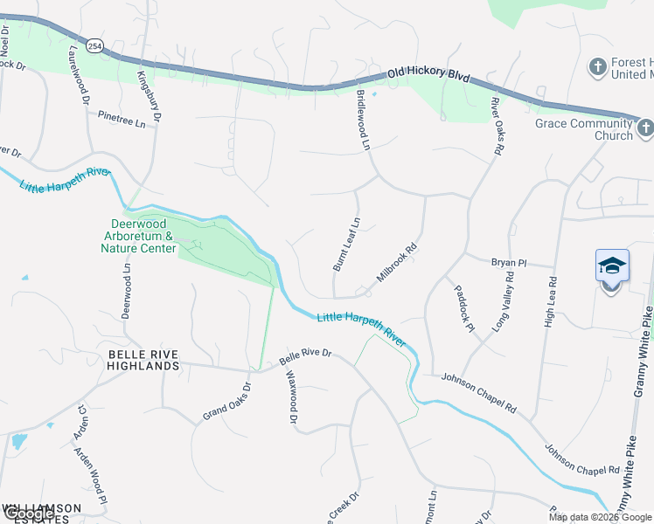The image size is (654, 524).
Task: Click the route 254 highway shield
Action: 94,44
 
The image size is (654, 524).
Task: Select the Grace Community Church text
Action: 583,129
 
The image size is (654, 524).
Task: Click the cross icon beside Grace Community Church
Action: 644,129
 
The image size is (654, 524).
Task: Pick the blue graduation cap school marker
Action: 612,266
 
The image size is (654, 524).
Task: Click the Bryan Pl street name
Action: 509,262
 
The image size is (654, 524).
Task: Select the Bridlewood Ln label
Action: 364,120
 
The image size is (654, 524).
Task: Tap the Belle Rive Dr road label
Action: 306,356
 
